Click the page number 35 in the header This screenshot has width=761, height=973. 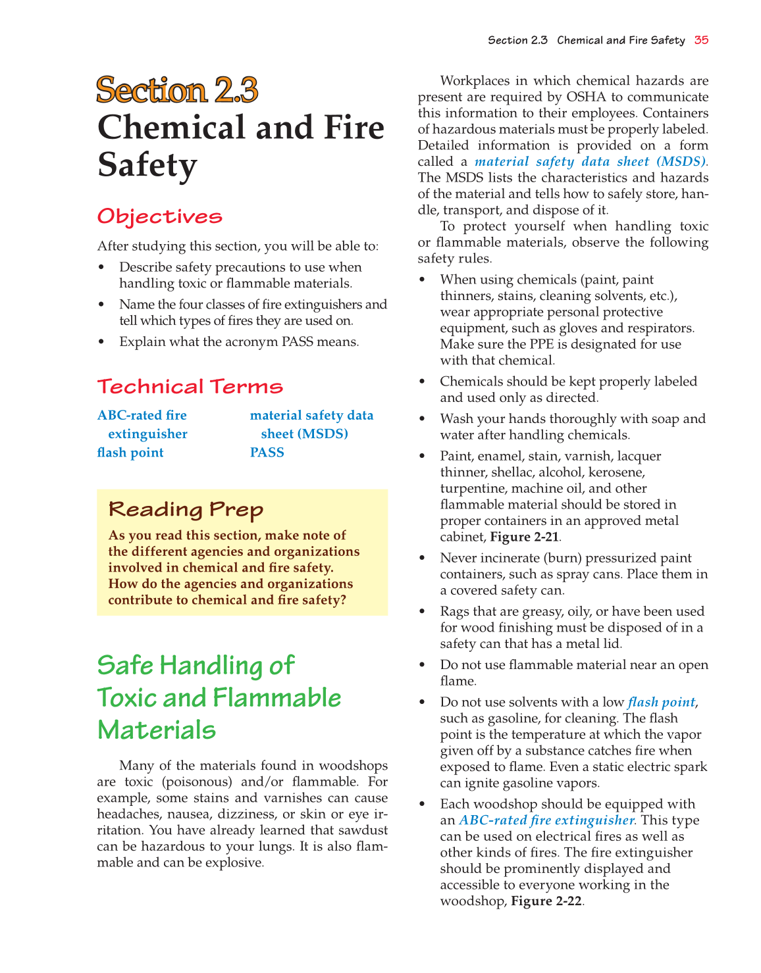(x=701, y=40)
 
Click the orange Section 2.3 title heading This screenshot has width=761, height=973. (x=177, y=90)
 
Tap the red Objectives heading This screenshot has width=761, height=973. (x=160, y=216)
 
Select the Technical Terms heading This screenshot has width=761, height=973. (x=190, y=386)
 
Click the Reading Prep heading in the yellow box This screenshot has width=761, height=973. (x=186, y=509)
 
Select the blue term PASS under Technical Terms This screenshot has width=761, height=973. (x=267, y=453)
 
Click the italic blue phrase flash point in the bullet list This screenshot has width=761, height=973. (x=661, y=702)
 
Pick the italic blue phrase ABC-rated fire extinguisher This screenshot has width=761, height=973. (x=546, y=820)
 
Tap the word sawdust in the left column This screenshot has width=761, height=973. (x=363, y=830)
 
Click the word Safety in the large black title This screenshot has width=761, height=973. (x=147, y=164)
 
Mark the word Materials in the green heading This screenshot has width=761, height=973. (x=157, y=730)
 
